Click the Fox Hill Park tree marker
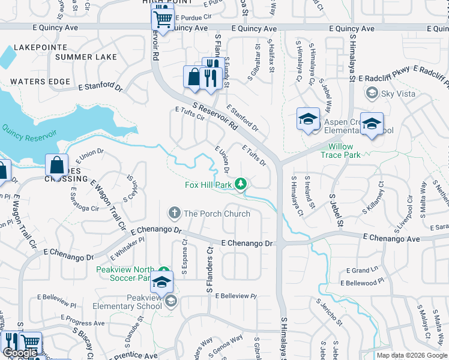(x=241, y=184)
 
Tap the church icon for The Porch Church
(x=174, y=213)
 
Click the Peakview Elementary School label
(x=127, y=302)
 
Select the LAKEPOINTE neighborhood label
(x=38, y=47)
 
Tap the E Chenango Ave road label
(x=391, y=239)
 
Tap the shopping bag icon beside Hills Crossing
(x=56, y=165)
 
